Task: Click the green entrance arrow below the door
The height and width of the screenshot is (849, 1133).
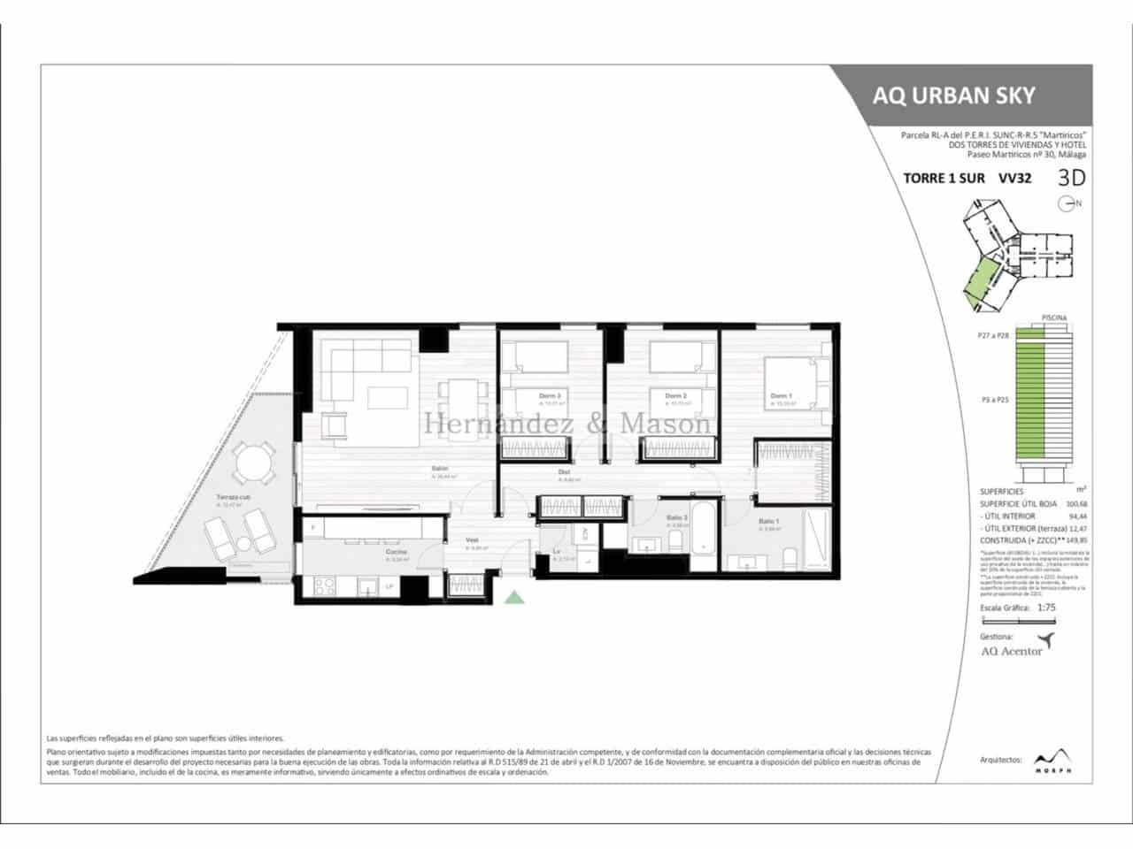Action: point(514,599)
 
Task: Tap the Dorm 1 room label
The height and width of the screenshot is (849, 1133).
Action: point(781,395)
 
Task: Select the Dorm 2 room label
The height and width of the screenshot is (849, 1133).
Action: point(676,395)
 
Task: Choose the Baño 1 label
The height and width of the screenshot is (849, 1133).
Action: point(769,522)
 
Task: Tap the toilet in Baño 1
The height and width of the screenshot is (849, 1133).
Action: point(790,557)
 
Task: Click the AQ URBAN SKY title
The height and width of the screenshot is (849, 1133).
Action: point(953,96)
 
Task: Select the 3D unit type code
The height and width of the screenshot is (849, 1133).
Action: point(1071,177)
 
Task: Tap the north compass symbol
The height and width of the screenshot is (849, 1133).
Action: point(1069,203)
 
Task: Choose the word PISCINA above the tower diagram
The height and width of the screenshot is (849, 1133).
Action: point(1053,317)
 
